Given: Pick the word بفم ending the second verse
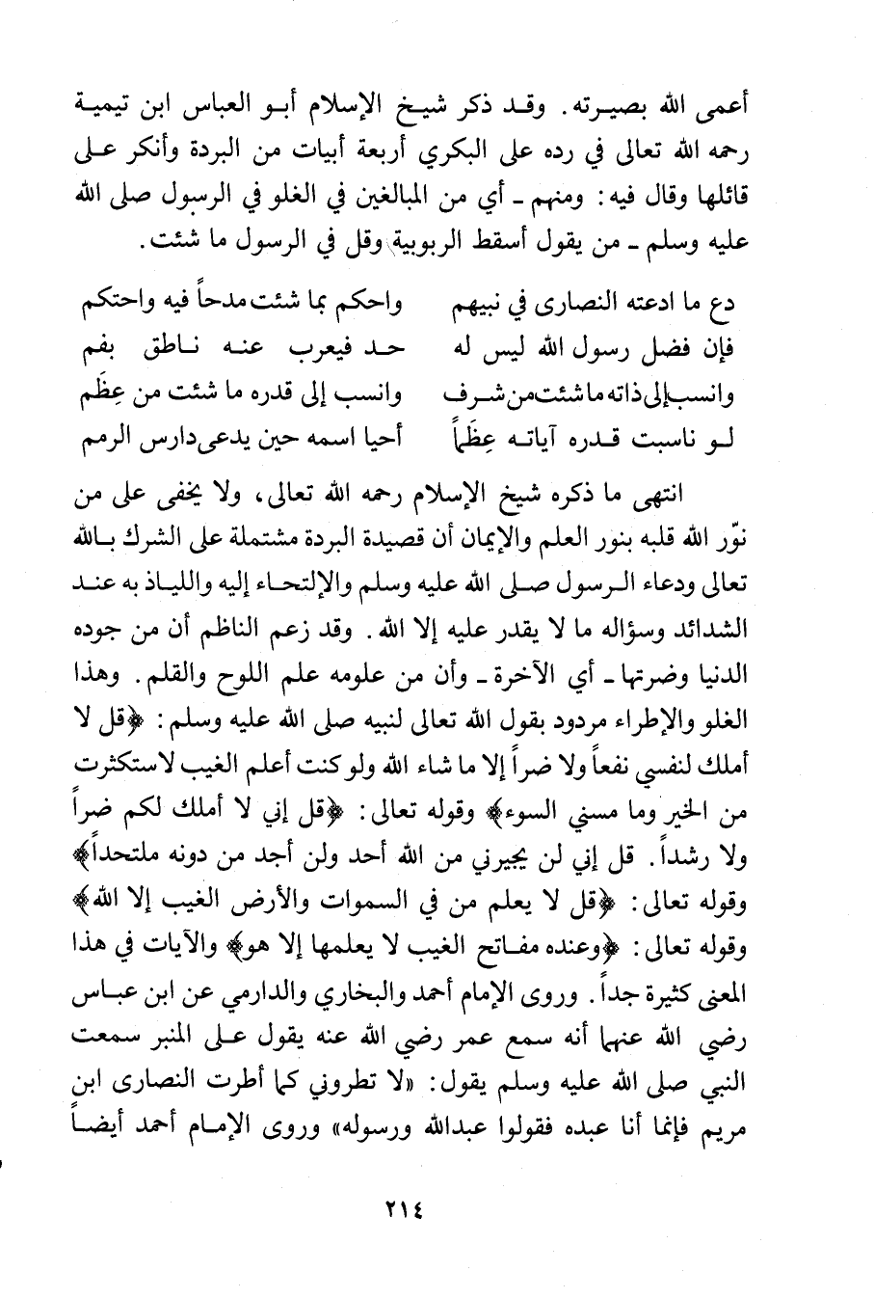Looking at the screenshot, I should [101, 350].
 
